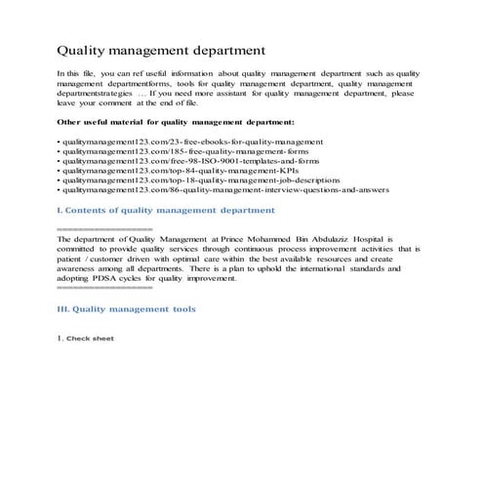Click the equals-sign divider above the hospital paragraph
(104, 228)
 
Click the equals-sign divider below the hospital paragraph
(104, 288)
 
